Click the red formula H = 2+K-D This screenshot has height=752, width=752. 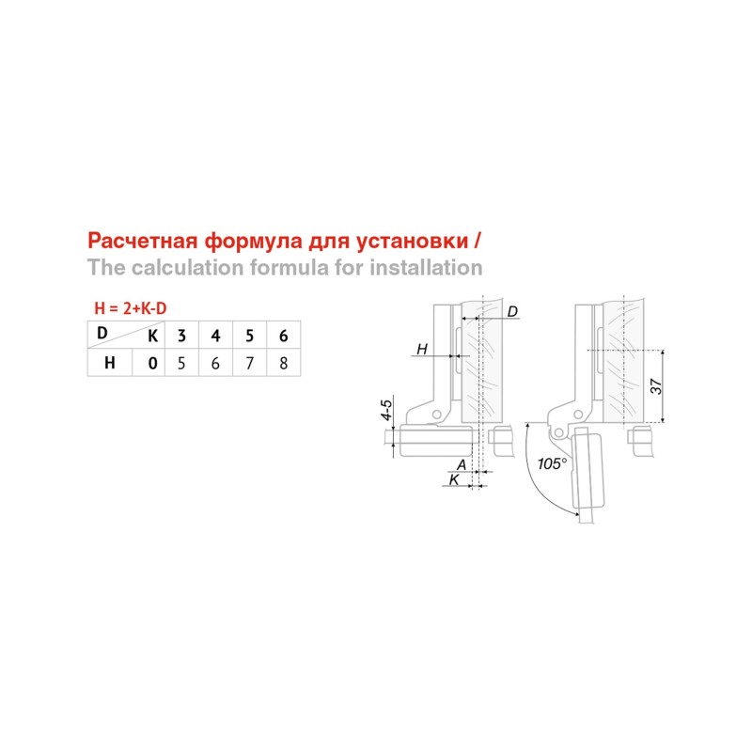click(x=131, y=308)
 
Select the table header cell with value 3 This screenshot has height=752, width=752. click(x=181, y=336)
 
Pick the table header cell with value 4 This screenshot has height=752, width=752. click(x=215, y=336)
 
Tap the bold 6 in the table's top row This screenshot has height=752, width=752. click(x=284, y=336)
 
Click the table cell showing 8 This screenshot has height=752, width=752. click(x=284, y=363)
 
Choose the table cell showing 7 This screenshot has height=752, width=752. click(x=249, y=363)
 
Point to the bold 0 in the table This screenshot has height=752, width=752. click(x=152, y=363)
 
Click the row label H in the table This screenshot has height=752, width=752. click(x=109, y=363)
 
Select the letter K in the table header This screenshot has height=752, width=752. click(x=152, y=337)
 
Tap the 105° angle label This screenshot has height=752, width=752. click(x=552, y=463)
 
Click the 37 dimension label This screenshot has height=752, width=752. click(x=655, y=386)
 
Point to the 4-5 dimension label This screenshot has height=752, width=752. click(x=386, y=409)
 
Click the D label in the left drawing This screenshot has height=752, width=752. click(x=512, y=312)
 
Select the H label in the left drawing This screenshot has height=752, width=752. click(x=421, y=349)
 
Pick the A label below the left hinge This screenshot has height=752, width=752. click(x=461, y=464)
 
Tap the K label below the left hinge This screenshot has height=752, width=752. click(x=454, y=479)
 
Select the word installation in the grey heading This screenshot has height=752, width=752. click(x=426, y=267)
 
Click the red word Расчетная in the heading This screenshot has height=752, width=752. click(x=143, y=241)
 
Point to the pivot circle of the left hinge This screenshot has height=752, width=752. click(x=436, y=414)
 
